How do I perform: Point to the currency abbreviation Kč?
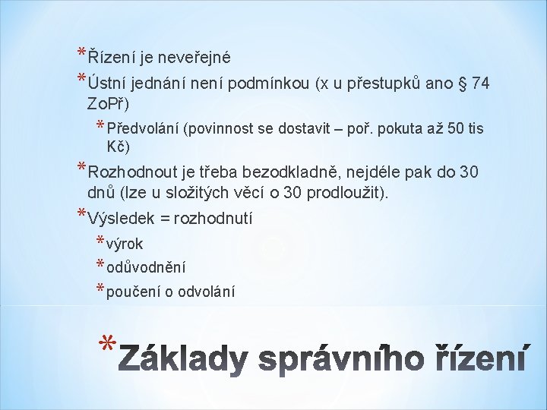(x=118, y=146)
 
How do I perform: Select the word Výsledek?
(x=121, y=219)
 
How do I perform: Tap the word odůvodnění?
(x=146, y=267)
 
